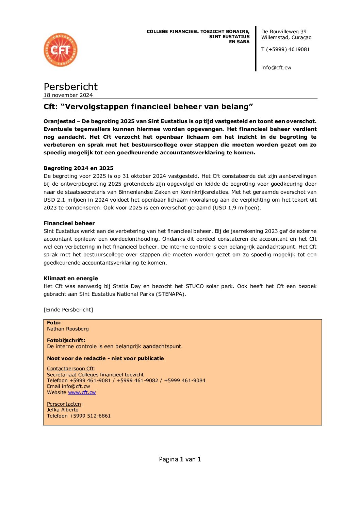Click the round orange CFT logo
point(61,50)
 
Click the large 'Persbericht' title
point(70,87)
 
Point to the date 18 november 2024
point(68,95)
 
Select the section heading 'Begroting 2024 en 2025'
point(78,168)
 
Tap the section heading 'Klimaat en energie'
point(70,278)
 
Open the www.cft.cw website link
point(82,392)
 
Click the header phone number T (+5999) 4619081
point(285,49)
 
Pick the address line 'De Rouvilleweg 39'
point(283,32)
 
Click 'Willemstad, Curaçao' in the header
point(286,37)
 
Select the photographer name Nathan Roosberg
point(68,329)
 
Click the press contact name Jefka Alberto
point(63,410)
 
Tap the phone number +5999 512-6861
point(90,416)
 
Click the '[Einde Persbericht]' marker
point(68,309)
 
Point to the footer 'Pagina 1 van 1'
point(180,459)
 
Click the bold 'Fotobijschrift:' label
point(66,340)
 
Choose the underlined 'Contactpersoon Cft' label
point(70,369)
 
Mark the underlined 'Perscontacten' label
point(64,404)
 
